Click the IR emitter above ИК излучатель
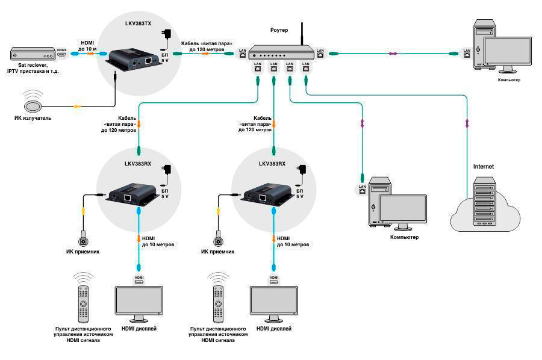click(33, 103)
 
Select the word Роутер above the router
click(279, 30)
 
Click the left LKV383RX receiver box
click(132, 196)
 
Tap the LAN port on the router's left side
click(243, 54)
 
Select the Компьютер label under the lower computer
click(405, 238)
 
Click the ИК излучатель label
click(33, 118)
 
